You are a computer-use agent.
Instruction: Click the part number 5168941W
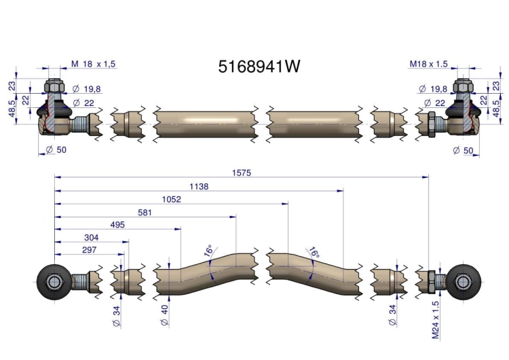point(259,67)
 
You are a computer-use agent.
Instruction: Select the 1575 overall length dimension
point(242,173)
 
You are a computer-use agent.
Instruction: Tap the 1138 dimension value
point(199,187)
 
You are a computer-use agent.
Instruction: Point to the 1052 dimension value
point(172,199)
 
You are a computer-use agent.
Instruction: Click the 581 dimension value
point(145,213)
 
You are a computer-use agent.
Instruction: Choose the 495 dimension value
point(117,225)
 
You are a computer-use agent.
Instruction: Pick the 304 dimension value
point(91,238)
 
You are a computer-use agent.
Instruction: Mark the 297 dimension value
point(90,250)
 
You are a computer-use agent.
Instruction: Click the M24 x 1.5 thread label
point(436,320)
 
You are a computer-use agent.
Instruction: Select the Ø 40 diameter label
point(165,315)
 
